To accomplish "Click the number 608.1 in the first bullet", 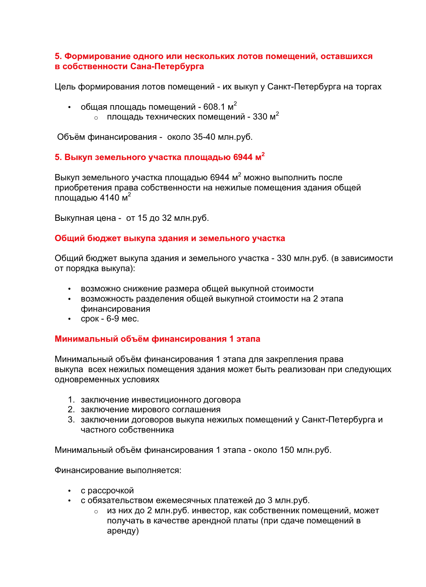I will (x=214, y=107).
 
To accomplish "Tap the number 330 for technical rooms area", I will (x=260, y=117).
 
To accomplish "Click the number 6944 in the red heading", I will (x=243, y=157).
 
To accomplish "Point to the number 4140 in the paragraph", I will (x=110, y=198).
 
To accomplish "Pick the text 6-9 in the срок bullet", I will (x=112, y=319).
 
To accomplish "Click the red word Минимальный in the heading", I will (x=86, y=339).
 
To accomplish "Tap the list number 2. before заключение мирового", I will (x=71, y=410).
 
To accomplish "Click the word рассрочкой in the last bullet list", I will (x=111, y=491).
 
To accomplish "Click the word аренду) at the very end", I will (x=123, y=531).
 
